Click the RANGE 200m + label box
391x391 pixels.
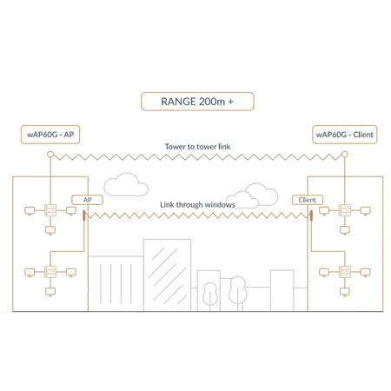click(197, 102)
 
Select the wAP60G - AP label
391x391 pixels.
click(50, 135)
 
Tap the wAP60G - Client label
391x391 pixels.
click(344, 135)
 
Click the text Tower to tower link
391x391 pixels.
click(197, 147)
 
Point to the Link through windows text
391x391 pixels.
click(197, 205)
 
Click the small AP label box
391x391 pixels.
click(87, 200)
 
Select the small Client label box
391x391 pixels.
click(308, 200)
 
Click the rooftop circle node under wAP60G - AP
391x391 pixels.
click(50, 154)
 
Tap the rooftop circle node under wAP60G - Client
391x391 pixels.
click(344, 154)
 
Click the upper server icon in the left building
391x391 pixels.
click(50, 210)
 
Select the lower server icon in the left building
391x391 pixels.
click(50, 272)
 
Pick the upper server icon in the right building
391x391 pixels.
click(345, 210)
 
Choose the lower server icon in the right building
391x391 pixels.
click(345, 272)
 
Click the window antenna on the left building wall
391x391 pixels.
click(83, 215)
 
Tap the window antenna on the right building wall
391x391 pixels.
click(311, 215)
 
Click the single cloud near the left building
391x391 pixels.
click(126, 184)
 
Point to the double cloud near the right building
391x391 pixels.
click(252, 195)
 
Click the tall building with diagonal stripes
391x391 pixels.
click(167, 275)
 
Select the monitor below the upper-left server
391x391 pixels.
click(50, 230)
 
